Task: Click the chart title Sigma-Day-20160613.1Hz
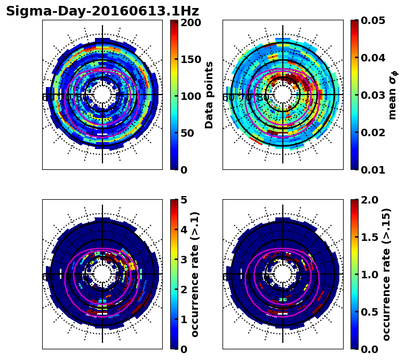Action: (102, 11)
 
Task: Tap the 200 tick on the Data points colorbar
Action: (190, 22)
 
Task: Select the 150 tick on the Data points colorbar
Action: (190, 59)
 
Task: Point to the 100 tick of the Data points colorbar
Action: (190, 96)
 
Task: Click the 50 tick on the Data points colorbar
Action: (190, 133)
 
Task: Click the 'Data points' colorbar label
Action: (209, 95)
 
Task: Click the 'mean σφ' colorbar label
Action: (393, 95)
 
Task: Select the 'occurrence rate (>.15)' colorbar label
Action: (387, 275)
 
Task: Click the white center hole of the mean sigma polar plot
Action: (283, 95)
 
